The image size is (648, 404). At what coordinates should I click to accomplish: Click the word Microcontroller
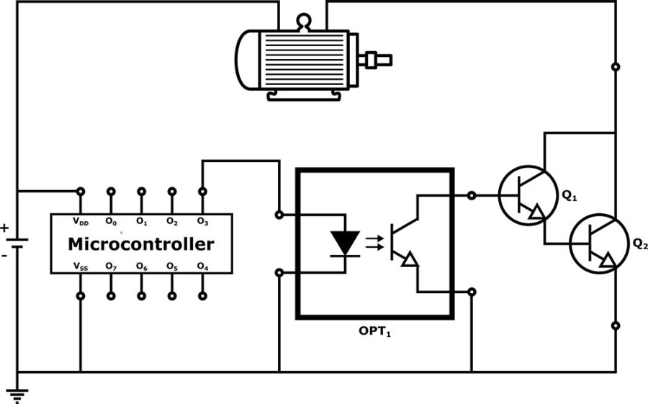click(140, 243)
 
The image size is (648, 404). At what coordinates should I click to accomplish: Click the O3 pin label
click(202, 221)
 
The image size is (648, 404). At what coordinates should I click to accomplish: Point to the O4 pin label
click(202, 266)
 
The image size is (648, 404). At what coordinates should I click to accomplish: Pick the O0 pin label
click(111, 221)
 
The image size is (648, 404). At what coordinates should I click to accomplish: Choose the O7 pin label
click(111, 266)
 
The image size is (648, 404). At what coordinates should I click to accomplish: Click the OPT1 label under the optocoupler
click(375, 333)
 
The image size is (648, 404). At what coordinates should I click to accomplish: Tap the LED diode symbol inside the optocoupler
click(344, 243)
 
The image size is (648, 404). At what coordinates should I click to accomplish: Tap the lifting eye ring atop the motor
click(303, 22)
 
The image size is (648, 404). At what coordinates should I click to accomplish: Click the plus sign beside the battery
click(5, 228)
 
